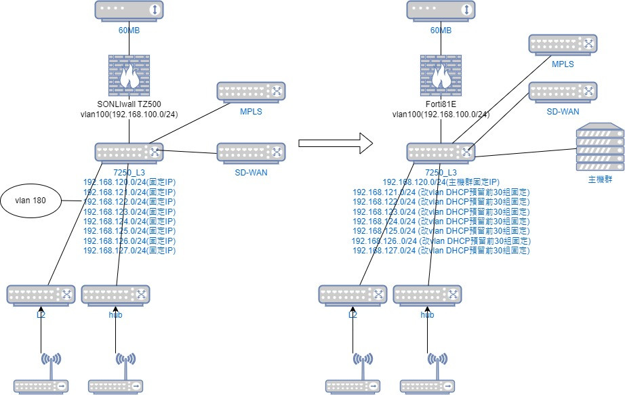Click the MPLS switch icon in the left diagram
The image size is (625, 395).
coord(251,92)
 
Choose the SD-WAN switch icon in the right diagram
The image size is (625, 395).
coord(563,92)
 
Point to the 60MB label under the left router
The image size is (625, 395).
coord(129,31)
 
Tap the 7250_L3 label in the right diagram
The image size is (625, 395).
coord(441,173)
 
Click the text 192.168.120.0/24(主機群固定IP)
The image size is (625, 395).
coord(441,183)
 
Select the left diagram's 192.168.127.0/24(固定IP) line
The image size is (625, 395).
coord(129,250)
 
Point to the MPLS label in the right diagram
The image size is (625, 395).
coord(563,64)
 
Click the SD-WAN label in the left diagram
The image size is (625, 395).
coord(251,172)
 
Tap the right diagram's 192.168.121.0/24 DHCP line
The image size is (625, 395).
coord(441,192)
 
